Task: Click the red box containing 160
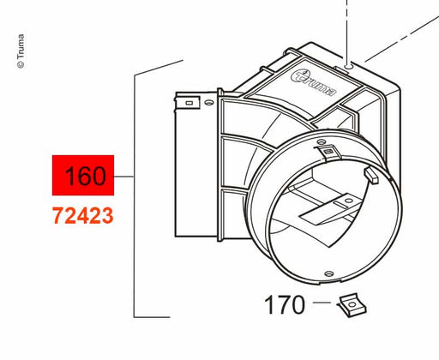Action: tap(83, 175)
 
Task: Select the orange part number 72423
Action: tap(83, 216)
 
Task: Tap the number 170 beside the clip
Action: tap(284, 305)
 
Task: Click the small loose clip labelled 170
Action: tap(352, 305)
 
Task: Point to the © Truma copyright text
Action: tap(21, 51)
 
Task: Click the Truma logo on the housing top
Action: tap(314, 83)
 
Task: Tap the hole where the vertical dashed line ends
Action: tap(348, 67)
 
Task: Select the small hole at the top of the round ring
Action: tap(322, 141)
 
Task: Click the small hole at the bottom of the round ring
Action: tap(329, 273)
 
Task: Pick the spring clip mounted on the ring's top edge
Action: tap(328, 151)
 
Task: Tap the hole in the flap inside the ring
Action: tap(348, 201)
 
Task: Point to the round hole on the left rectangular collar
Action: tap(209, 102)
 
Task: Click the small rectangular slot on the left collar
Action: tap(189, 103)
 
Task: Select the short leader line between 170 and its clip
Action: tap(322, 303)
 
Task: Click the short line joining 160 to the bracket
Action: tap(124, 177)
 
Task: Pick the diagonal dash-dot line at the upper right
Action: tap(401, 39)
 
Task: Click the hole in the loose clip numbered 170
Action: tap(352, 305)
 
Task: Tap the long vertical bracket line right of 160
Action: tap(135, 196)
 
